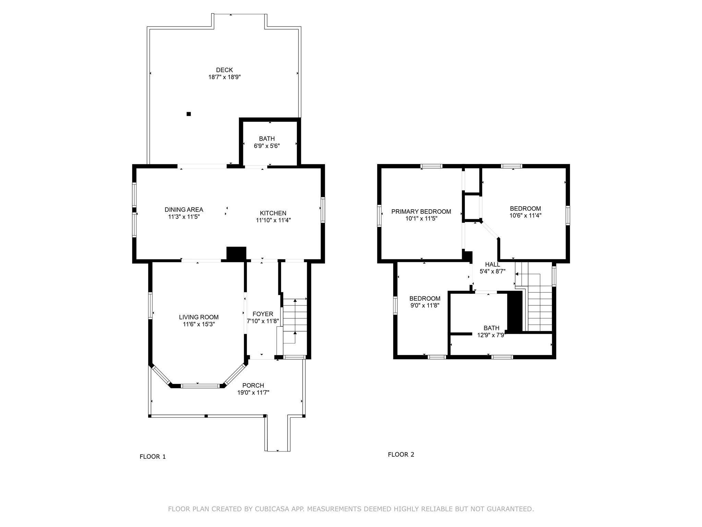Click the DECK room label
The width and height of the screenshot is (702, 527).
[225, 70]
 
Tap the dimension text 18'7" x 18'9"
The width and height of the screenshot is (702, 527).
[225, 77]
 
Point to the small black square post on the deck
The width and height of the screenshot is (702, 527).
[189, 114]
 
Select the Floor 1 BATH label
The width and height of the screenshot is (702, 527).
[267, 139]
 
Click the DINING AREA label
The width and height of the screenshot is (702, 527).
[184, 210]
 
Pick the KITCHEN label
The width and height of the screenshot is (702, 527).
[273, 213]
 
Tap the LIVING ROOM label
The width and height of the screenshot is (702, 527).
[199, 317]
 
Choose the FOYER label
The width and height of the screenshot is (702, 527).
[263, 314]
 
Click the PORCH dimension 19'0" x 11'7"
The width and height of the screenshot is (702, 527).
[253, 393]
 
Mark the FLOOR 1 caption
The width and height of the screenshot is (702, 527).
[153, 457]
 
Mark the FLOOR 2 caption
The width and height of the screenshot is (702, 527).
[401, 455]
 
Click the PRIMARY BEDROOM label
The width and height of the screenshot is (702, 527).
[421, 211]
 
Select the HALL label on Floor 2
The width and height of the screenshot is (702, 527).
[493, 265]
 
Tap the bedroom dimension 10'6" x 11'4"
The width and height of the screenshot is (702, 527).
[525, 215]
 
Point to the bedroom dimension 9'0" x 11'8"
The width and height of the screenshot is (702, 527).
[425, 305]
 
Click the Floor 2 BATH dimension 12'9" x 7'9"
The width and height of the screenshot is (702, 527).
[491, 335]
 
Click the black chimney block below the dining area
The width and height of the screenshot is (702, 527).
[237, 254]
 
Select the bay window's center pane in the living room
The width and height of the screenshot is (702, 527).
[200, 386]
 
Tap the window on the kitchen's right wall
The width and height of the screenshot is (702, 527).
[323, 210]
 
